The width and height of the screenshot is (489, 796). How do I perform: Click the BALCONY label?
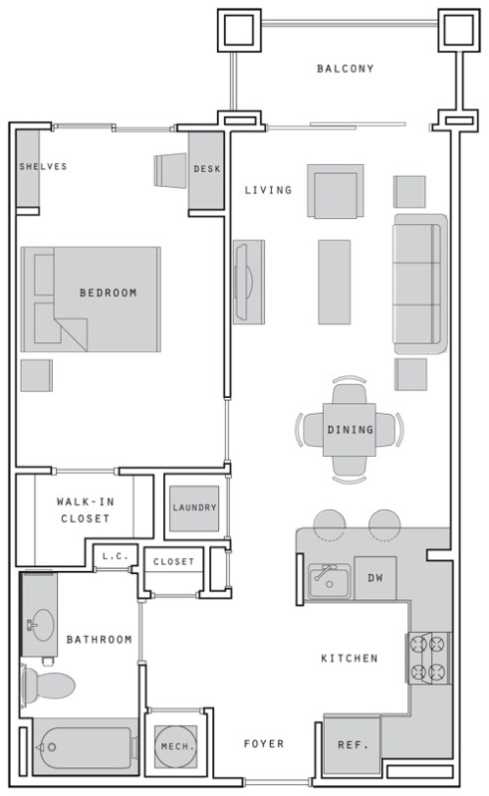coord(346,69)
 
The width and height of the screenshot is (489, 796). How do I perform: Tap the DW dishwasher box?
coord(375,578)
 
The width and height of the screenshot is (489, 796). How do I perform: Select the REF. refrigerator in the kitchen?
coord(353,744)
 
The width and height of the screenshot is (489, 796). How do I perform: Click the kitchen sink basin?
coord(329,581)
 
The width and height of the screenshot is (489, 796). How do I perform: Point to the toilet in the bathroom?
coord(47,685)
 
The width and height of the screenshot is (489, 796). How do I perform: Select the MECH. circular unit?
coord(175,746)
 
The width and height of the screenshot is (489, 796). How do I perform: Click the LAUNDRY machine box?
coord(194,508)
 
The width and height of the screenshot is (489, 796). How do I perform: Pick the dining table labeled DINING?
coord(350,430)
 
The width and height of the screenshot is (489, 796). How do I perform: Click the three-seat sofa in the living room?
coord(420,284)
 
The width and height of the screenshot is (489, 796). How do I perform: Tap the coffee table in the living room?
coord(334,282)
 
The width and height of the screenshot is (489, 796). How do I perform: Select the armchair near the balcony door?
coord(335,191)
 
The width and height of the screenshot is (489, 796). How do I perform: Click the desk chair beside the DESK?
coord(170,170)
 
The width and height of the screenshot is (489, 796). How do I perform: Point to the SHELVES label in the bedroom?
coord(43,166)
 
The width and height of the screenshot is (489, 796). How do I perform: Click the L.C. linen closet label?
coord(116,556)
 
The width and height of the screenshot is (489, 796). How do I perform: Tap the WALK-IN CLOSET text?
coord(85,510)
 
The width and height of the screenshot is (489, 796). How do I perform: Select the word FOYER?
coord(264,743)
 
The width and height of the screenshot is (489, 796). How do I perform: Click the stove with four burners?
coord(428,659)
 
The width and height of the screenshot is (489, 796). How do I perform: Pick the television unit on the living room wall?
coord(249,282)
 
